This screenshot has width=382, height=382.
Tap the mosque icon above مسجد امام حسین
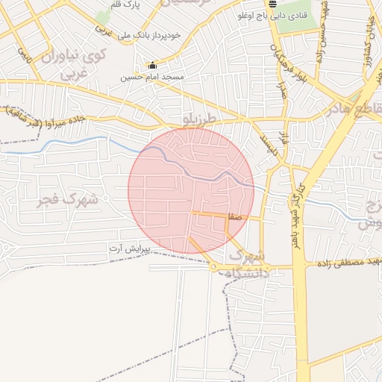[153, 65]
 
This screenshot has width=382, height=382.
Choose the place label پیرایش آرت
[130, 247]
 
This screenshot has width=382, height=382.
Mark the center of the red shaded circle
[191, 191]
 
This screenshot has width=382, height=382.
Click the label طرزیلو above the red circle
[203, 119]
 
